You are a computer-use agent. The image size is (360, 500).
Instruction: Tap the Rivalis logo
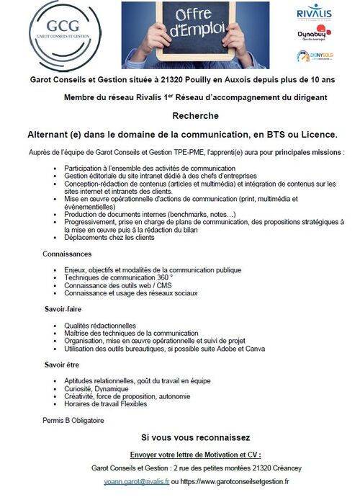(x=315, y=12)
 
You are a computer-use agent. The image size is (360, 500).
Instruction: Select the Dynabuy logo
(x=315, y=34)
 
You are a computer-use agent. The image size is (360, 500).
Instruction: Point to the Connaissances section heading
(x=67, y=254)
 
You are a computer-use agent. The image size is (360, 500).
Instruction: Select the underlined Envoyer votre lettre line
(x=195, y=454)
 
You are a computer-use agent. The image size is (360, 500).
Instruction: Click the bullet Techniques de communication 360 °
(x=119, y=277)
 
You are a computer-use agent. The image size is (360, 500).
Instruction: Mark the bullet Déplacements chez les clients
(x=109, y=237)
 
